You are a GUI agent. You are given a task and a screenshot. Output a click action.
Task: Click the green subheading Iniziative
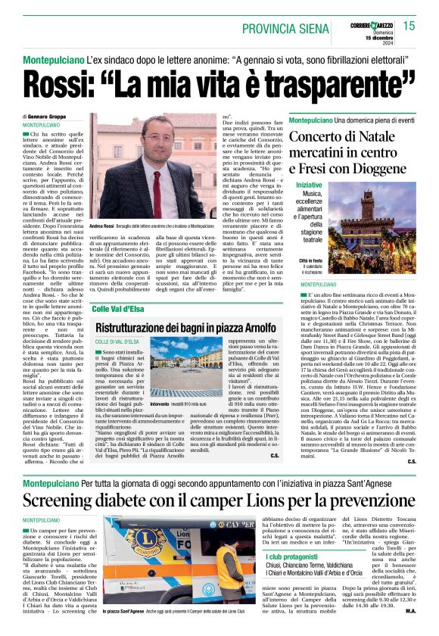point(309,185)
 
